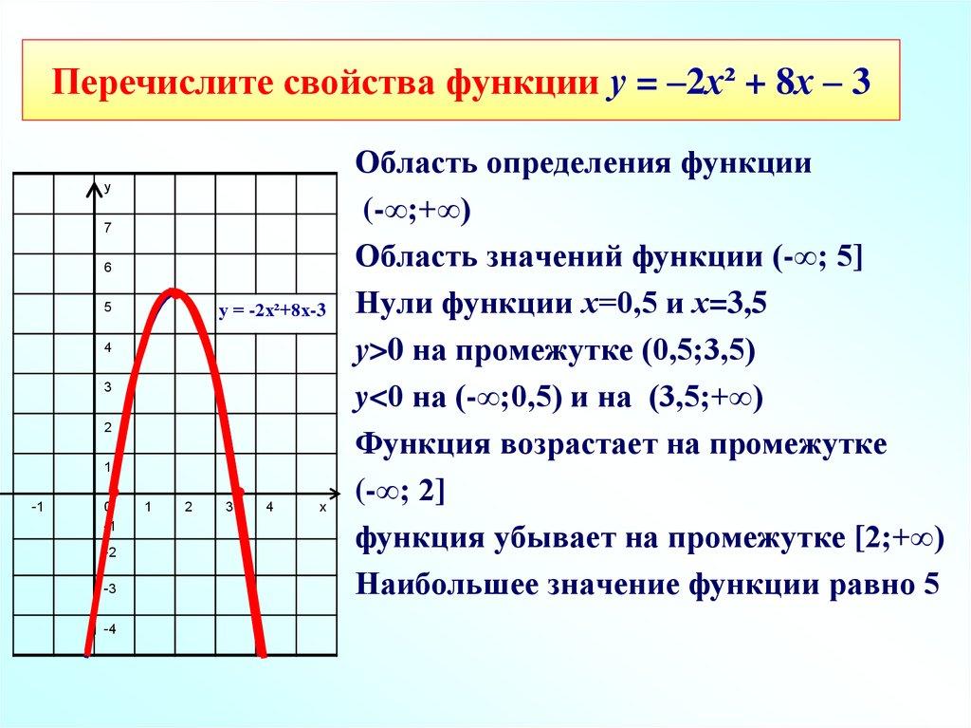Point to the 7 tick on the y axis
108,228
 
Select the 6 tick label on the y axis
108,268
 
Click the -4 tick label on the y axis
109,629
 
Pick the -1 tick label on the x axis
36,508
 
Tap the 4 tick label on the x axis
269,508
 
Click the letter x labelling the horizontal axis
322,508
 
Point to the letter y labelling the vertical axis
108,188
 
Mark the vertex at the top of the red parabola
174,290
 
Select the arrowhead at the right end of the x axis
333,495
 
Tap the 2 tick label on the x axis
189,508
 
